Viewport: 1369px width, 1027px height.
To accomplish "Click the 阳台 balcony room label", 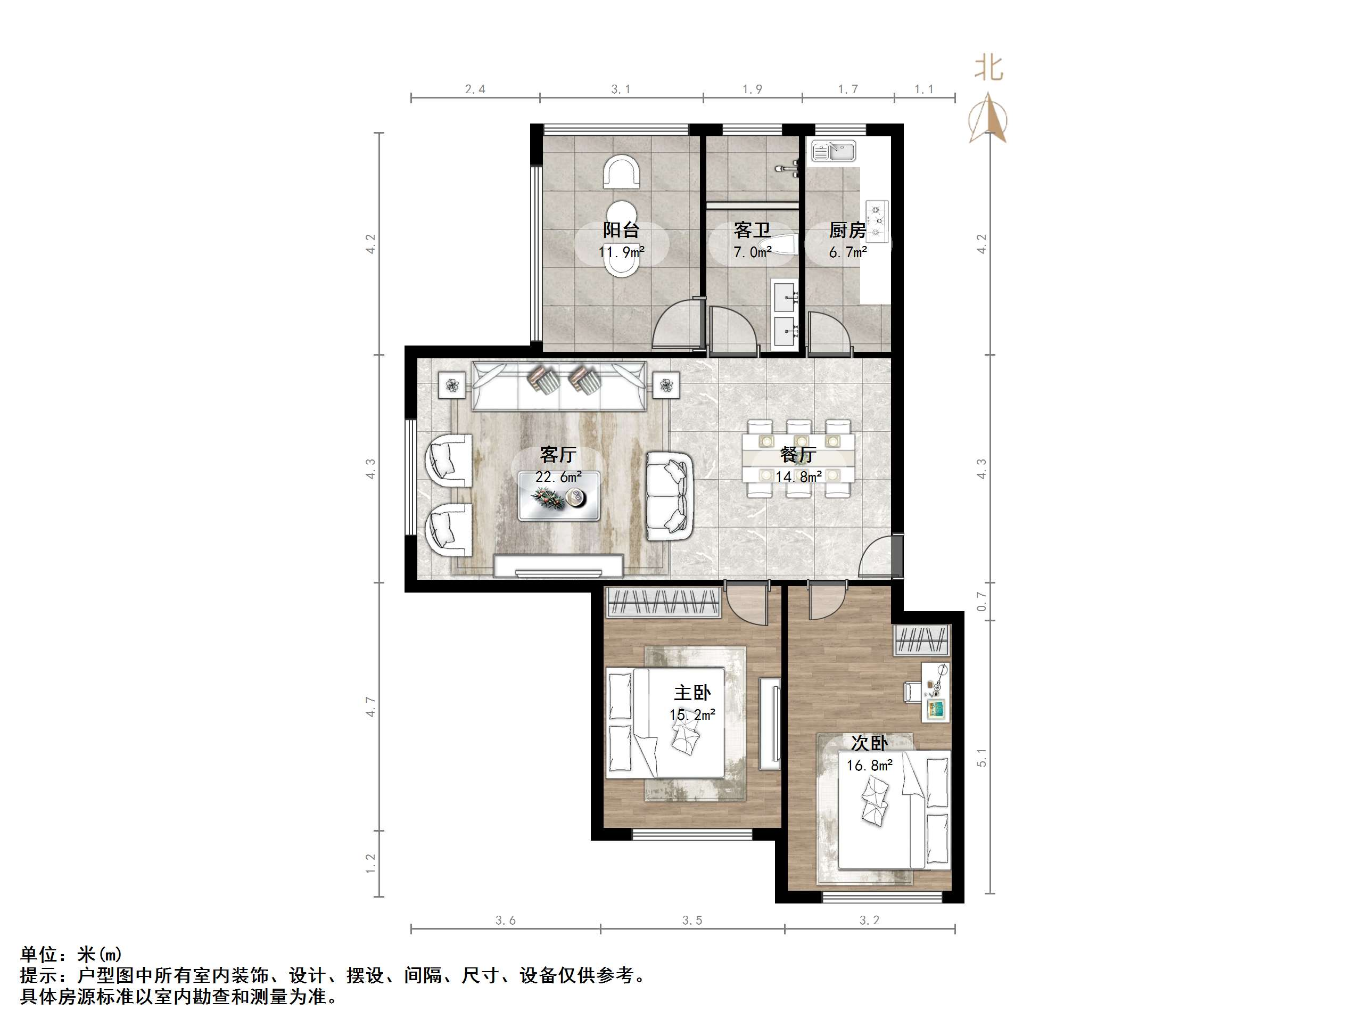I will [x=621, y=231].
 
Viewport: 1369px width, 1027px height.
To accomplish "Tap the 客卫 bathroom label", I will [x=752, y=231].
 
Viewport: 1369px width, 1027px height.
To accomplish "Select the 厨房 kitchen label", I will [x=847, y=231].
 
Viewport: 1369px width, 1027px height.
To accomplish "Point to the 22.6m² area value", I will [x=558, y=476].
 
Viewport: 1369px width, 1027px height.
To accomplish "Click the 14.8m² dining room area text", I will [x=798, y=476].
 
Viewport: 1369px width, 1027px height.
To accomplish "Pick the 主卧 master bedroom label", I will [x=692, y=693].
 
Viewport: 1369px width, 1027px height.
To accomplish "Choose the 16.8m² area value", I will [x=870, y=766].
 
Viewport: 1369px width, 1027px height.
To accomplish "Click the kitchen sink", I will [x=834, y=151].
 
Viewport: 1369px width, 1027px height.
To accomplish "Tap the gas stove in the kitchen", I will [x=876, y=221].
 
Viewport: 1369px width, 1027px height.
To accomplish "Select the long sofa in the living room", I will [x=559, y=387].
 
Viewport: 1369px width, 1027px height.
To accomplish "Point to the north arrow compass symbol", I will [x=988, y=118].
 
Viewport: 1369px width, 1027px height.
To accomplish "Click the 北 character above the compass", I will [x=988, y=68].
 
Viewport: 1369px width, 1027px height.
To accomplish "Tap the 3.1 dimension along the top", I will [x=621, y=89].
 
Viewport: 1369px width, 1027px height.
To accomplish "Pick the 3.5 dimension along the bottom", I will [x=692, y=921].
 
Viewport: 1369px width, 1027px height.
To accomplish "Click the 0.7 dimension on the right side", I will [x=981, y=601].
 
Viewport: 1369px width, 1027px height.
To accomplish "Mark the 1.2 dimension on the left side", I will [x=370, y=864].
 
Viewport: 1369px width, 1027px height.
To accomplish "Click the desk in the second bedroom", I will [x=935, y=692].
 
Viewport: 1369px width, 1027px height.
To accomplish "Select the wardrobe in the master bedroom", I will [x=663, y=602].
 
